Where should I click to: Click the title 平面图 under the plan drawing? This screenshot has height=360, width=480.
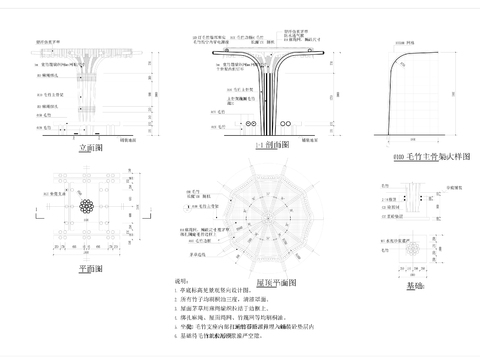pos(91,268)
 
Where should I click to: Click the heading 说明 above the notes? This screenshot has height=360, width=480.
pos(182,283)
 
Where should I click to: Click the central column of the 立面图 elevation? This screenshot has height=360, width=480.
pos(92,95)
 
